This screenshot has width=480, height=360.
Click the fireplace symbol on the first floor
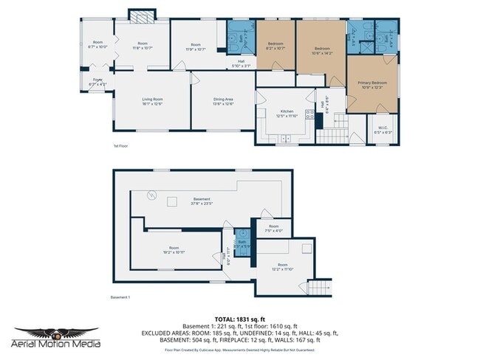138,15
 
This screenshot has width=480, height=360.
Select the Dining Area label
223,101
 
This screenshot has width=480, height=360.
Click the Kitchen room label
287,113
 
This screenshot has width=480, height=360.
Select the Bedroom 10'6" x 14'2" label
321,50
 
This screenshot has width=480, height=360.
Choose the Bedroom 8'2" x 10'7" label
275,47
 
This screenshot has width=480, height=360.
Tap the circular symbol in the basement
153,195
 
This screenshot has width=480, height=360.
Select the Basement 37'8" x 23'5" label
202,201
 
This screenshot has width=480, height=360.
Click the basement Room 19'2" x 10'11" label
174,250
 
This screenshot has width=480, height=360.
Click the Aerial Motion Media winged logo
46,336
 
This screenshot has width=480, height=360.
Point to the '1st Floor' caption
121,146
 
